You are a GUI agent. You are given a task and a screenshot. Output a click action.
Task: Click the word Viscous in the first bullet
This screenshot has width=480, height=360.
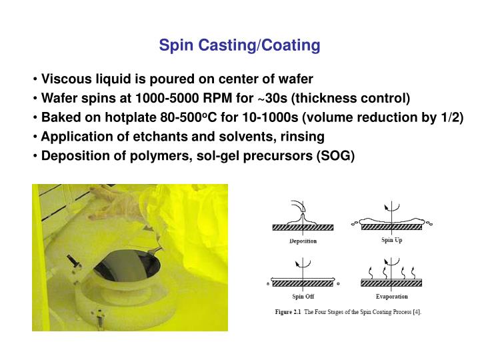click(x=65, y=79)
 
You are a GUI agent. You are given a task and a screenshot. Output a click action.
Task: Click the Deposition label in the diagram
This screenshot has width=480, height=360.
click(x=303, y=241)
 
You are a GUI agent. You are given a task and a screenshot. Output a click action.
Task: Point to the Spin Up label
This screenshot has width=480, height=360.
click(x=391, y=239)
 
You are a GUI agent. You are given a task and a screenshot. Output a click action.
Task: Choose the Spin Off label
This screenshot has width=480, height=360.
click(x=303, y=296)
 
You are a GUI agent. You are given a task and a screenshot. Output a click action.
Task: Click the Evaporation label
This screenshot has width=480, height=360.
click(x=391, y=296)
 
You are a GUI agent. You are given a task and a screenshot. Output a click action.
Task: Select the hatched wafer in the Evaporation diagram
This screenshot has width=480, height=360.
click(x=391, y=283)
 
